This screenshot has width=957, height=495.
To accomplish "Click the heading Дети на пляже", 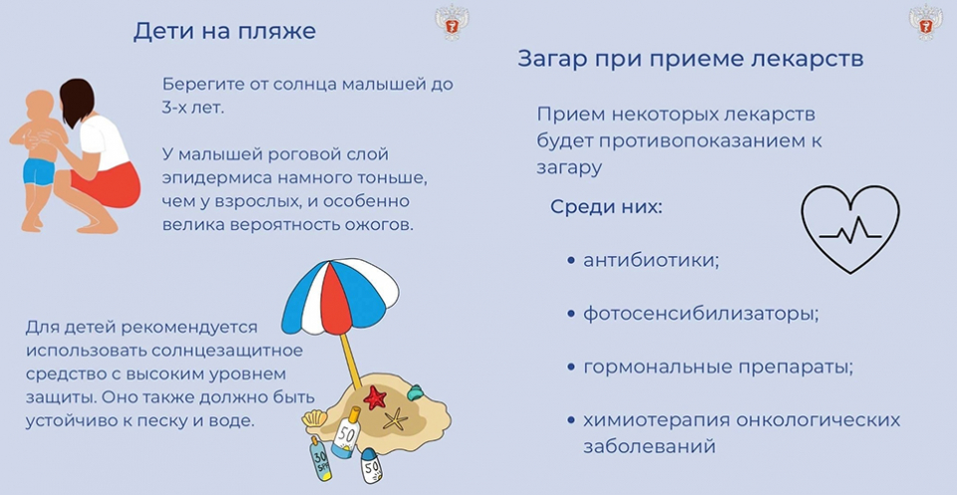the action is click(x=224, y=31).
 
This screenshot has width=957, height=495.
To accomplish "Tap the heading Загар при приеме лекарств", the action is click(x=690, y=59).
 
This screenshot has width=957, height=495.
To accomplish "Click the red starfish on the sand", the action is click(x=375, y=397).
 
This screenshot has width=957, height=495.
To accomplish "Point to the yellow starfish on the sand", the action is click(x=395, y=418).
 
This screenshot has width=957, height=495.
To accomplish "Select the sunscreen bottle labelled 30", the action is click(x=320, y=458).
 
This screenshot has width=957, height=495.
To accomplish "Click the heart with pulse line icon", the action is click(x=850, y=229).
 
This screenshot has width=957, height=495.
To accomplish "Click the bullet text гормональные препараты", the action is click(x=718, y=369).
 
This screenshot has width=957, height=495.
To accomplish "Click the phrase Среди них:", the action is click(x=606, y=206).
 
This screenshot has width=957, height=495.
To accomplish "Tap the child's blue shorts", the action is click(x=39, y=172).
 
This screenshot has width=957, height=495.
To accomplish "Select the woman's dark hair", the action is click(x=77, y=101).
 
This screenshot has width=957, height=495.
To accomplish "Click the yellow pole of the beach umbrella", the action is click(x=351, y=361).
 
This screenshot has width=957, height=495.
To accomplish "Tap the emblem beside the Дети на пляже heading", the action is click(x=452, y=23).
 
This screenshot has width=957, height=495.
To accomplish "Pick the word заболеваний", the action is click(x=649, y=446).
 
